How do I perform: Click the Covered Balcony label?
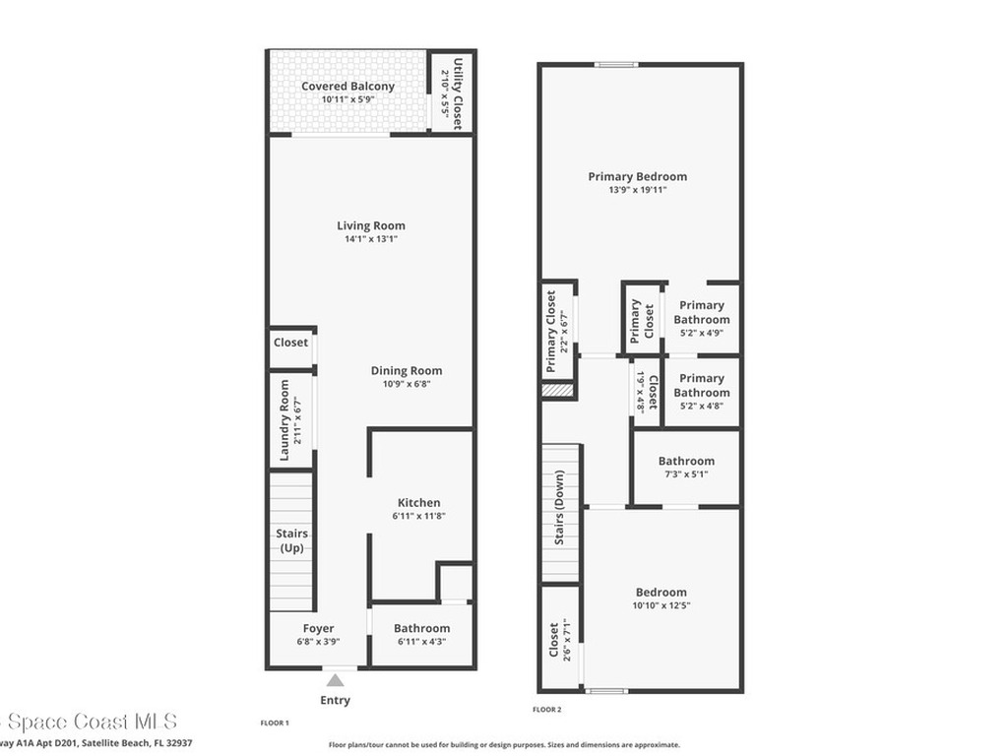pos(347,87)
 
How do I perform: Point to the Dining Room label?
pos(406,371)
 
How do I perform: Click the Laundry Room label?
pos(284,420)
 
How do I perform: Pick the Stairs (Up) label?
pos(291,540)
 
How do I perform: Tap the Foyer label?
pos(318,628)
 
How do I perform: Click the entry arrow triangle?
pos(336,679)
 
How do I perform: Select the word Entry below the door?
pos(335,701)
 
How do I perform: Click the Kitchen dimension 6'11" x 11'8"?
pos(418,516)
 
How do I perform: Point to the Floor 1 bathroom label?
pos(421,628)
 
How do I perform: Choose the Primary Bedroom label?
pos(637,177)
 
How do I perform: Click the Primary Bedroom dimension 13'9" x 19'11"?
pos(637,190)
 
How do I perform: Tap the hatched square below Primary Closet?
pos(556,391)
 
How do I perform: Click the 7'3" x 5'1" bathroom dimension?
pos(686,474)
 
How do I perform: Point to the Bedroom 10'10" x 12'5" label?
pos(661,593)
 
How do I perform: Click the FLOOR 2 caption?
pos(547,710)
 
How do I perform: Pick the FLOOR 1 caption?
pos(275,724)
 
